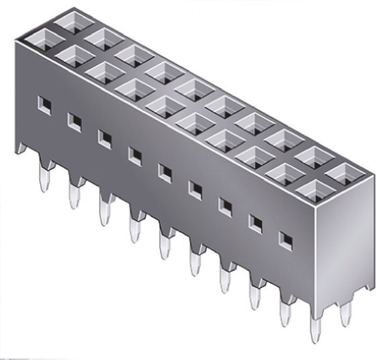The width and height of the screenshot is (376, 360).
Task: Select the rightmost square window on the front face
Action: click(285, 238)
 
